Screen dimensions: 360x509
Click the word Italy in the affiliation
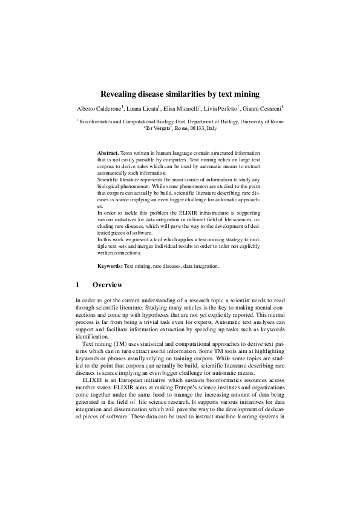tap(211, 129)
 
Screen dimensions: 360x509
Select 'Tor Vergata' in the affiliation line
tap(159, 129)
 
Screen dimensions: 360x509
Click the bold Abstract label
tap(108, 154)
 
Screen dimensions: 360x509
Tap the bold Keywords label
tap(110, 266)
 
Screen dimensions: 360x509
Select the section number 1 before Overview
tap(77, 285)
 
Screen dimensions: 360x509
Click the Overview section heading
tap(108, 285)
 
